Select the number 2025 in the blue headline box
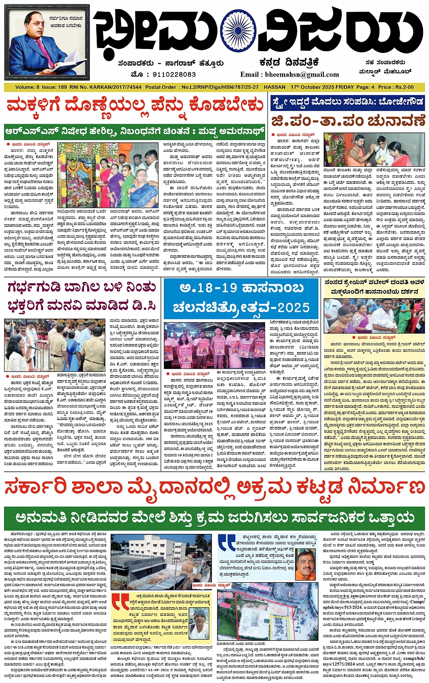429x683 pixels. (x=294, y=308)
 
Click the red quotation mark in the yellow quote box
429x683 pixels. (x=120, y=602)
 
